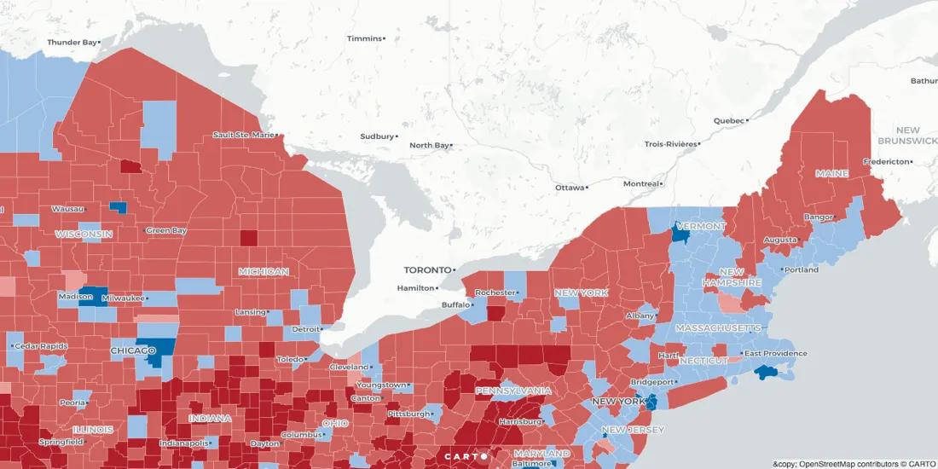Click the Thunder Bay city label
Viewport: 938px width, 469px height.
(72, 42)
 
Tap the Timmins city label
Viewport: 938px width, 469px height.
(364, 38)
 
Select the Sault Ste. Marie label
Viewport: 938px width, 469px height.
(243, 135)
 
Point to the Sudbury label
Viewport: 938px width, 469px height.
(377, 136)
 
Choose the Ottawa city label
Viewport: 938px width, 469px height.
(570, 187)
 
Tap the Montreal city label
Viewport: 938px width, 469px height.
(641, 183)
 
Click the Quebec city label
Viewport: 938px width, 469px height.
(729, 120)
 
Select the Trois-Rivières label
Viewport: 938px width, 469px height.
(670, 144)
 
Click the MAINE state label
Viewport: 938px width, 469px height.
(831, 173)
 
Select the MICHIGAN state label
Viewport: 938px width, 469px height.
(263, 271)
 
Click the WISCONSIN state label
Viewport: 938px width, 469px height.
(84, 234)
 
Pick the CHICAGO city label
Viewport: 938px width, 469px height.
(132, 350)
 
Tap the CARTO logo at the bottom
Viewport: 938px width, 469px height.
(466, 456)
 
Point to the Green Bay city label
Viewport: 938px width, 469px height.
(165, 230)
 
